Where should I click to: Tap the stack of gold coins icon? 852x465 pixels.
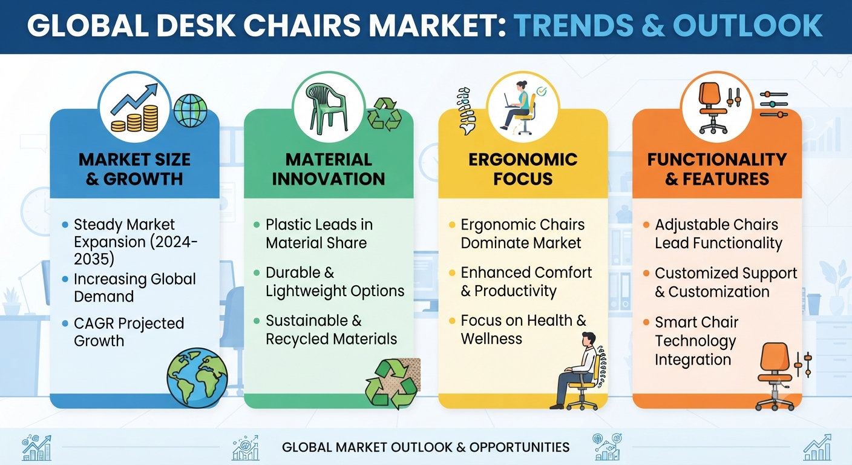coord(135,119)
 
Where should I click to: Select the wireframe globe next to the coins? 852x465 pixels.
coord(190,110)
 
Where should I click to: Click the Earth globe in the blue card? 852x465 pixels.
coord(197,377)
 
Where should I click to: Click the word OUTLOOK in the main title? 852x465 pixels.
coord(748,25)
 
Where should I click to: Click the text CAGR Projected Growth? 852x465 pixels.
coord(129,332)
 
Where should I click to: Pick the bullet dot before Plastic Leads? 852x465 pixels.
coord(257,225)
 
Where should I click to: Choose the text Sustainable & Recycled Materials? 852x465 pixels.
coord(331,330)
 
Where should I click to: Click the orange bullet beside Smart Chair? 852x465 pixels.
coord(646,323)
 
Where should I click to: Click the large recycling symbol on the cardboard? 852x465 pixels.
coord(392,384)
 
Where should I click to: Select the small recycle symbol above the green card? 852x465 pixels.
coord(384,114)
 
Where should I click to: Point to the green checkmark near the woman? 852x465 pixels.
coord(541,91)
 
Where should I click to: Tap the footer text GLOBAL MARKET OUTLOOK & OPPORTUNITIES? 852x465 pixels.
coord(425,447)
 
